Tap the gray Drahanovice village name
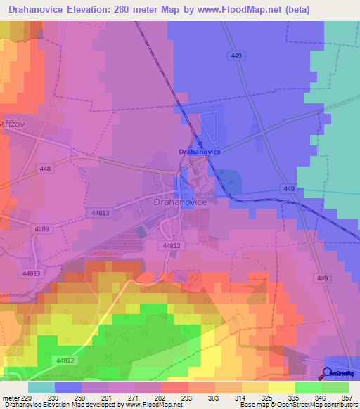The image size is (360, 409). click(x=179, y=202)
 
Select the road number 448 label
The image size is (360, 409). click(x=46, y=169)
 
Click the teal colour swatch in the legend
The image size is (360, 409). click(x=41, y=387)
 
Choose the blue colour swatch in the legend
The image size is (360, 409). click(x=68, y=387)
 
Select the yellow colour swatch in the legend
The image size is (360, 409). click(x=282, y=387)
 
